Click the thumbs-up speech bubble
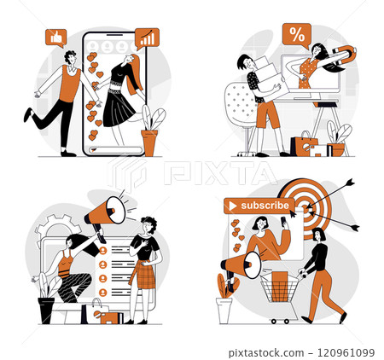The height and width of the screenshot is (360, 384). pos(56,38)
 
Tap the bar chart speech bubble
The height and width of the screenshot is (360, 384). pos(147,38)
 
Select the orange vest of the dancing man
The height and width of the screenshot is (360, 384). pos(71,82)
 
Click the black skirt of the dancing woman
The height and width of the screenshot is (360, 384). pos(119,107)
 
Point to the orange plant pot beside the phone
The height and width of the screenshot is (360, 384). pos(149,142)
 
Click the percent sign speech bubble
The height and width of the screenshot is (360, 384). pos(296,35)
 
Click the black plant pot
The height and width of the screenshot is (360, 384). pos(46,310)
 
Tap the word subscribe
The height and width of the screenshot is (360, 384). pos(265,206)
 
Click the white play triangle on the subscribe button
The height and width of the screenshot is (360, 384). pos(230,206)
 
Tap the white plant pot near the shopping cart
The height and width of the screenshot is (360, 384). pos(224,310)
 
